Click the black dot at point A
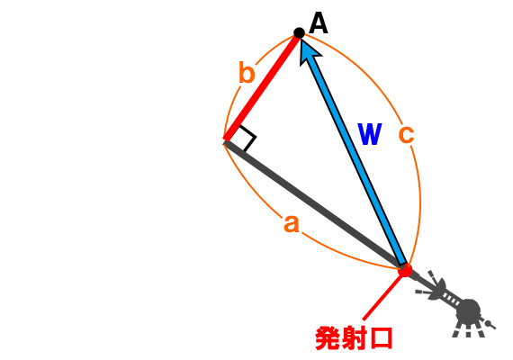pos(299,32)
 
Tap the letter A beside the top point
pos(318,22)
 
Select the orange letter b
pos(247,72)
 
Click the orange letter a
pos(292,224)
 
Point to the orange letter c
pos(406,134)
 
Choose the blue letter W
pos(370,134)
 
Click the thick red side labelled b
pos(262,87)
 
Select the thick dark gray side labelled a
pos(314,205)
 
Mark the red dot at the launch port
pos(405,270)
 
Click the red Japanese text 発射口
pos(354,338)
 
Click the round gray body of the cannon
pos(469,310)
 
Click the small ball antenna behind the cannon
pos(488,324)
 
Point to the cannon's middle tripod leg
pos(469,330)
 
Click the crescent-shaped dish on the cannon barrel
pos(438,288)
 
